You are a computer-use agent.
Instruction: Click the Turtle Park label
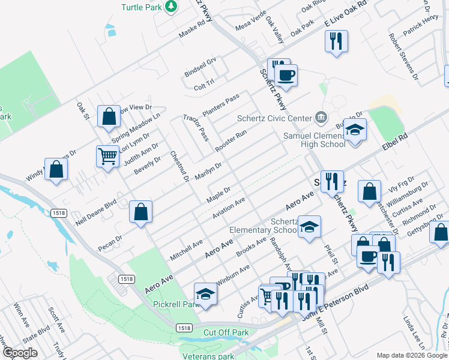(x=142, y=7)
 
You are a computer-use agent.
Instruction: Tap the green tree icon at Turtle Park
(x=172, y=6)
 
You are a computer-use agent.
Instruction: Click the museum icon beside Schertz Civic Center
(x=321, y=116)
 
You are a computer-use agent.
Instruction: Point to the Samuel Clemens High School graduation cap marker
(x=355, y=131)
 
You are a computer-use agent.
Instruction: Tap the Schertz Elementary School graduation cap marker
(x=310, y=227)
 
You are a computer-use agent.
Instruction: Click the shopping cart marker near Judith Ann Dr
(x=108, y=157)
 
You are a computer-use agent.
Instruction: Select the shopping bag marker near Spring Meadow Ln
(x=109, y=118)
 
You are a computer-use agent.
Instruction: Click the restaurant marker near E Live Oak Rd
(x=336, y=41)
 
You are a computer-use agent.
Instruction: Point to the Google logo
(x=20, y=353)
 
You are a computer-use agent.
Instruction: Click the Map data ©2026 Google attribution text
(x=411, y=355)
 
